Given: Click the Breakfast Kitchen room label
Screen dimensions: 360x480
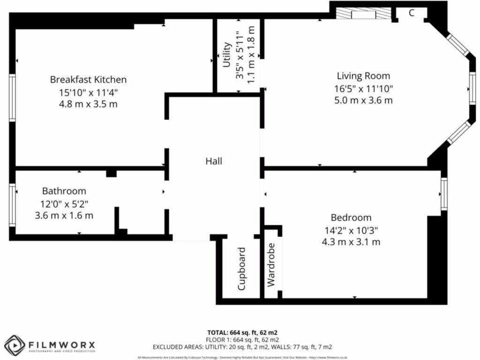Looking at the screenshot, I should (x=88, y=79).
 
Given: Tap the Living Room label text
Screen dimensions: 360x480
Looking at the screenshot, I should (x=363, y=76).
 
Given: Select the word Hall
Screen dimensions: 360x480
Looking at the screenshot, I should (x=214, y=161).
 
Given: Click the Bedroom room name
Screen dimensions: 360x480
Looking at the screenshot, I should (x=351, y=217).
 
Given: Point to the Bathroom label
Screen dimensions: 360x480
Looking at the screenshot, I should (x=64, y=191).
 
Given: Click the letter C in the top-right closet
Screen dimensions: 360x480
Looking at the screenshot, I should (x=411, y=13).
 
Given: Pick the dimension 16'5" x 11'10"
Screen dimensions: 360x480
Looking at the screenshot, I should (x=364, y=88).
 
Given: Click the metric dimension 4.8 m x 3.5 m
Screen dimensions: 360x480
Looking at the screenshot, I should (x=88, y=104).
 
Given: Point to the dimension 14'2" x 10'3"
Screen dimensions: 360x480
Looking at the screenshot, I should (x=351, y=230).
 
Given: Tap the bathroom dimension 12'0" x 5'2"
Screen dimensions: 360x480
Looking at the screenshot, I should (x=64, y=203).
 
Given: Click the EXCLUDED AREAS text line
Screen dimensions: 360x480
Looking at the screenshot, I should (x=242, y=347).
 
